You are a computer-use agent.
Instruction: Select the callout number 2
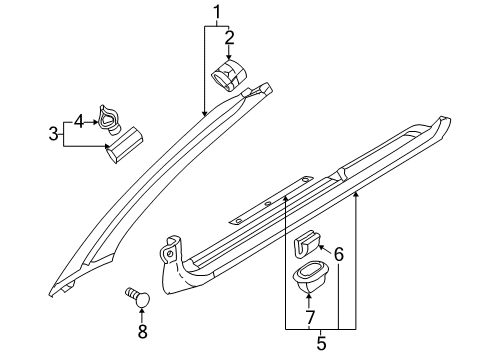(x=229, y=38)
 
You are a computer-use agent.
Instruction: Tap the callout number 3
(x=53, y=134)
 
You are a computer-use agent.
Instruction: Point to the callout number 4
(x=77, y=122)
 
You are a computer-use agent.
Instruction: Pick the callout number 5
(x=321, y=343)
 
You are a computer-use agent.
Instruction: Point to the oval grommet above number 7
(x=309, y=277)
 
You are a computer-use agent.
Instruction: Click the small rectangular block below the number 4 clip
(x=125, y=147)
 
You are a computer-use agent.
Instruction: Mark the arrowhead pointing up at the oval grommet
(x=309, y=295)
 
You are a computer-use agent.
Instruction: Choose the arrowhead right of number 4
(x=95, y=122)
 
